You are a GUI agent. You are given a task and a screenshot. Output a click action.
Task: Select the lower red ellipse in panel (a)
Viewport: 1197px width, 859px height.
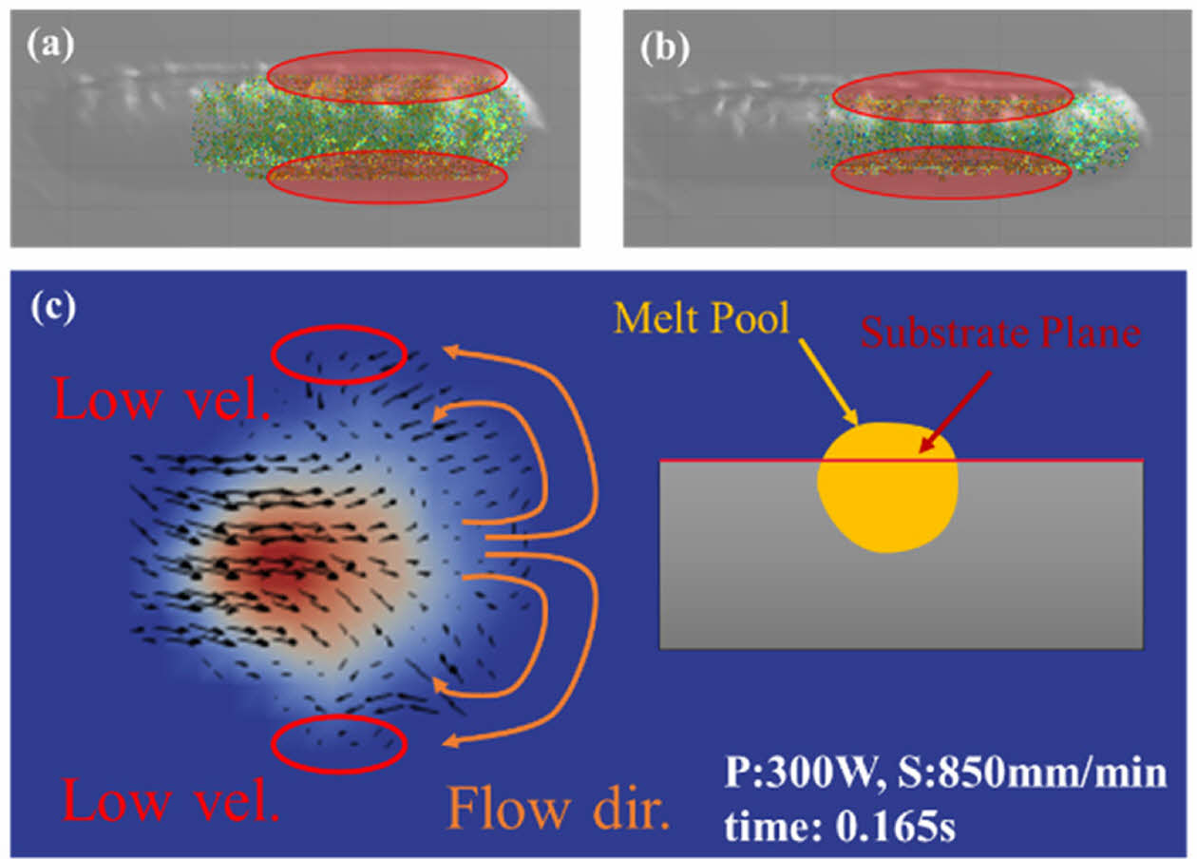coord(388,177)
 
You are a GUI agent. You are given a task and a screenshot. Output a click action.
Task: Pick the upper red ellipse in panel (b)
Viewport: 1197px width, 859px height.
coord(953,96)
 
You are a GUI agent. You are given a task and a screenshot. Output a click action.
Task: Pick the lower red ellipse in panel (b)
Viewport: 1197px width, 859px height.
coord(952,172)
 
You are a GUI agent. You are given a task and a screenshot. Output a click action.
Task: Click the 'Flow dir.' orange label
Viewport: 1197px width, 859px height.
coord(559,809)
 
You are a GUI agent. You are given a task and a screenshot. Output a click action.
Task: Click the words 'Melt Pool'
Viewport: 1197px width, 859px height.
coord(701,318)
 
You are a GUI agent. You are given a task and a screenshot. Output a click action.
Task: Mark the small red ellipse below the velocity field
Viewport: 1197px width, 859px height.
coord(339,747)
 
